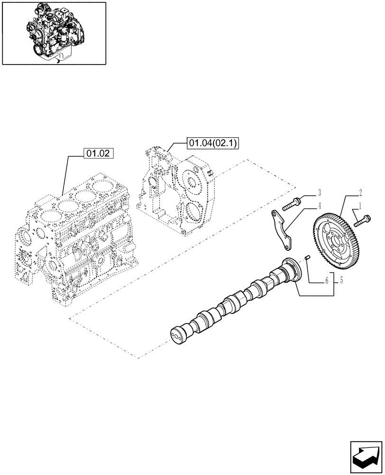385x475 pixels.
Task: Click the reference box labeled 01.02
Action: point(99,153)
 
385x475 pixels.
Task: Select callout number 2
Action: point(360,192)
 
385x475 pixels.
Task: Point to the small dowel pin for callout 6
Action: point(307,257)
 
